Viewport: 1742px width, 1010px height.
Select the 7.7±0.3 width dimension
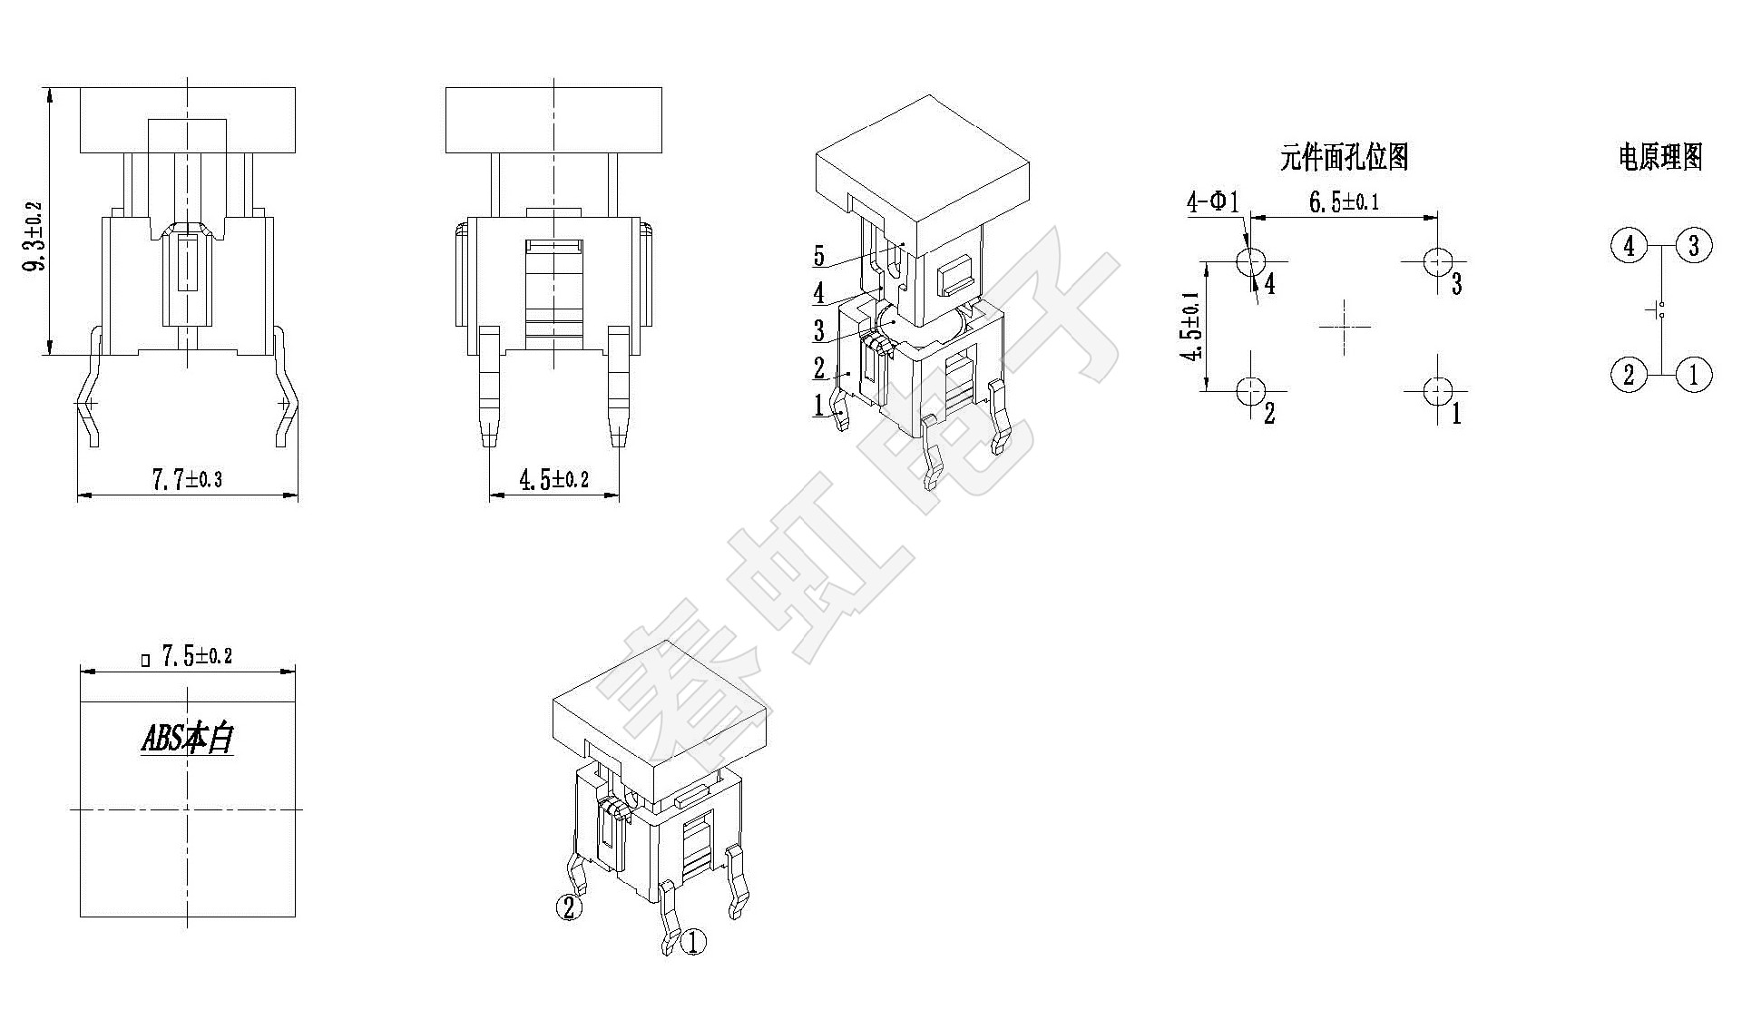187,479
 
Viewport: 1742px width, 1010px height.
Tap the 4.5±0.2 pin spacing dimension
553,479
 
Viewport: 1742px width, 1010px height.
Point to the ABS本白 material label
188,738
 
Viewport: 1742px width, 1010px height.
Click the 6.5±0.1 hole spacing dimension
1344,201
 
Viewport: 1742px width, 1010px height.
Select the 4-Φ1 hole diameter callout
1212,201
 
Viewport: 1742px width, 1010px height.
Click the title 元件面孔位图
1344,157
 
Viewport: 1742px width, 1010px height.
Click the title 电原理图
1660,157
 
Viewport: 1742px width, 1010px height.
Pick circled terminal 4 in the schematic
1629,246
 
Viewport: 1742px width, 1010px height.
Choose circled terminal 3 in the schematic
1693,246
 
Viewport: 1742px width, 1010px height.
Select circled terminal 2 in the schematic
1629,374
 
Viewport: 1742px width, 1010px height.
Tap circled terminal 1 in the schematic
1693,374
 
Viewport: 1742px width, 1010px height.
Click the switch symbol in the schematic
1660,309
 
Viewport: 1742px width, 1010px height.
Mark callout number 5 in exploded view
819,257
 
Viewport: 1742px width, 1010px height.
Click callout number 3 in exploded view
819,330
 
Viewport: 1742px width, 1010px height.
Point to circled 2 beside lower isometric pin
569,907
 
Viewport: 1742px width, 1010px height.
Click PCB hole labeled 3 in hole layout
1437,262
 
